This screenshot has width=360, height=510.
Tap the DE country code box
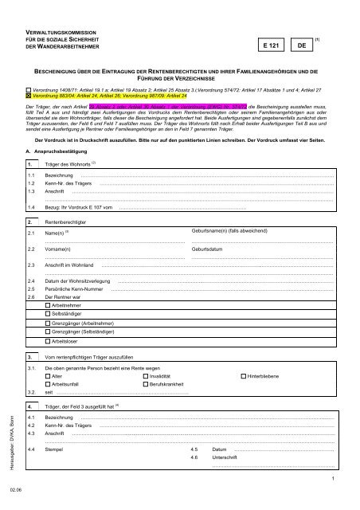click(301, 47)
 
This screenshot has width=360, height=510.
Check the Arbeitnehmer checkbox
click(47, 305)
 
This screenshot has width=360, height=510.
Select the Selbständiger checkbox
click(47, 316)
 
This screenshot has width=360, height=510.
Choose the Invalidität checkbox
click(146, 375)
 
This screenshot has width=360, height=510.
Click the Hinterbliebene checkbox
click(243, 375)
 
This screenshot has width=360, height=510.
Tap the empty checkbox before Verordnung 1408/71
click(29, 86)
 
